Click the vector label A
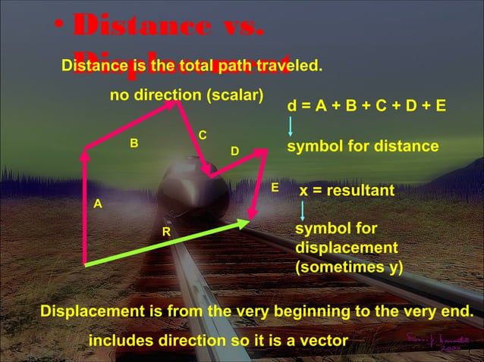click(x=97, y=204)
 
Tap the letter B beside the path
click(x=134, y=142)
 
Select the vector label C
click(x=203, y=135)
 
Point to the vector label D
click(x=234, y=152)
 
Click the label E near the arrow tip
click(x=275, y=186)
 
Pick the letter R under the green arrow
click(x=165, y=230)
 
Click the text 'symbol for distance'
click(x=363, y=145)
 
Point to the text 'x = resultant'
click(x=347, y=190)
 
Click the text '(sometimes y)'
click(x=349, y=267)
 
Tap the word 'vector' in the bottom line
click(x=318, y=341)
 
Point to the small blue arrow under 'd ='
click(x=291, y=126)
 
